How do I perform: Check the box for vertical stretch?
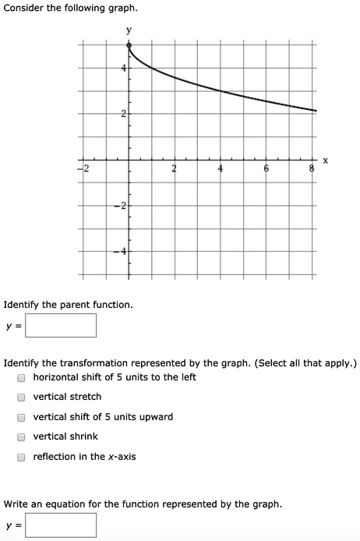coord(23,398)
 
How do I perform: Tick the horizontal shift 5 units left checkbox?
coord(23,377)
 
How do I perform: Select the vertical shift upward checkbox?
coord(23,417)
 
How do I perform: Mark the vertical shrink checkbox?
coord(23,437)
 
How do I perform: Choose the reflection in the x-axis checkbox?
coord(23,457)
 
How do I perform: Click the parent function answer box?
coord(61,325)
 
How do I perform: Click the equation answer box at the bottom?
coord(61,525)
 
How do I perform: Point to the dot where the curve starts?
coord(129,45)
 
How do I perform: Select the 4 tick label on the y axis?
coord(123,69)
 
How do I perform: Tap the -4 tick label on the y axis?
coord(121,251)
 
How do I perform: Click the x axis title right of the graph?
coord(326,161)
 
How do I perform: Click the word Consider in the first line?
coord(24,8)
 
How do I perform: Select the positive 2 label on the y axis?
coord(123,115)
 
